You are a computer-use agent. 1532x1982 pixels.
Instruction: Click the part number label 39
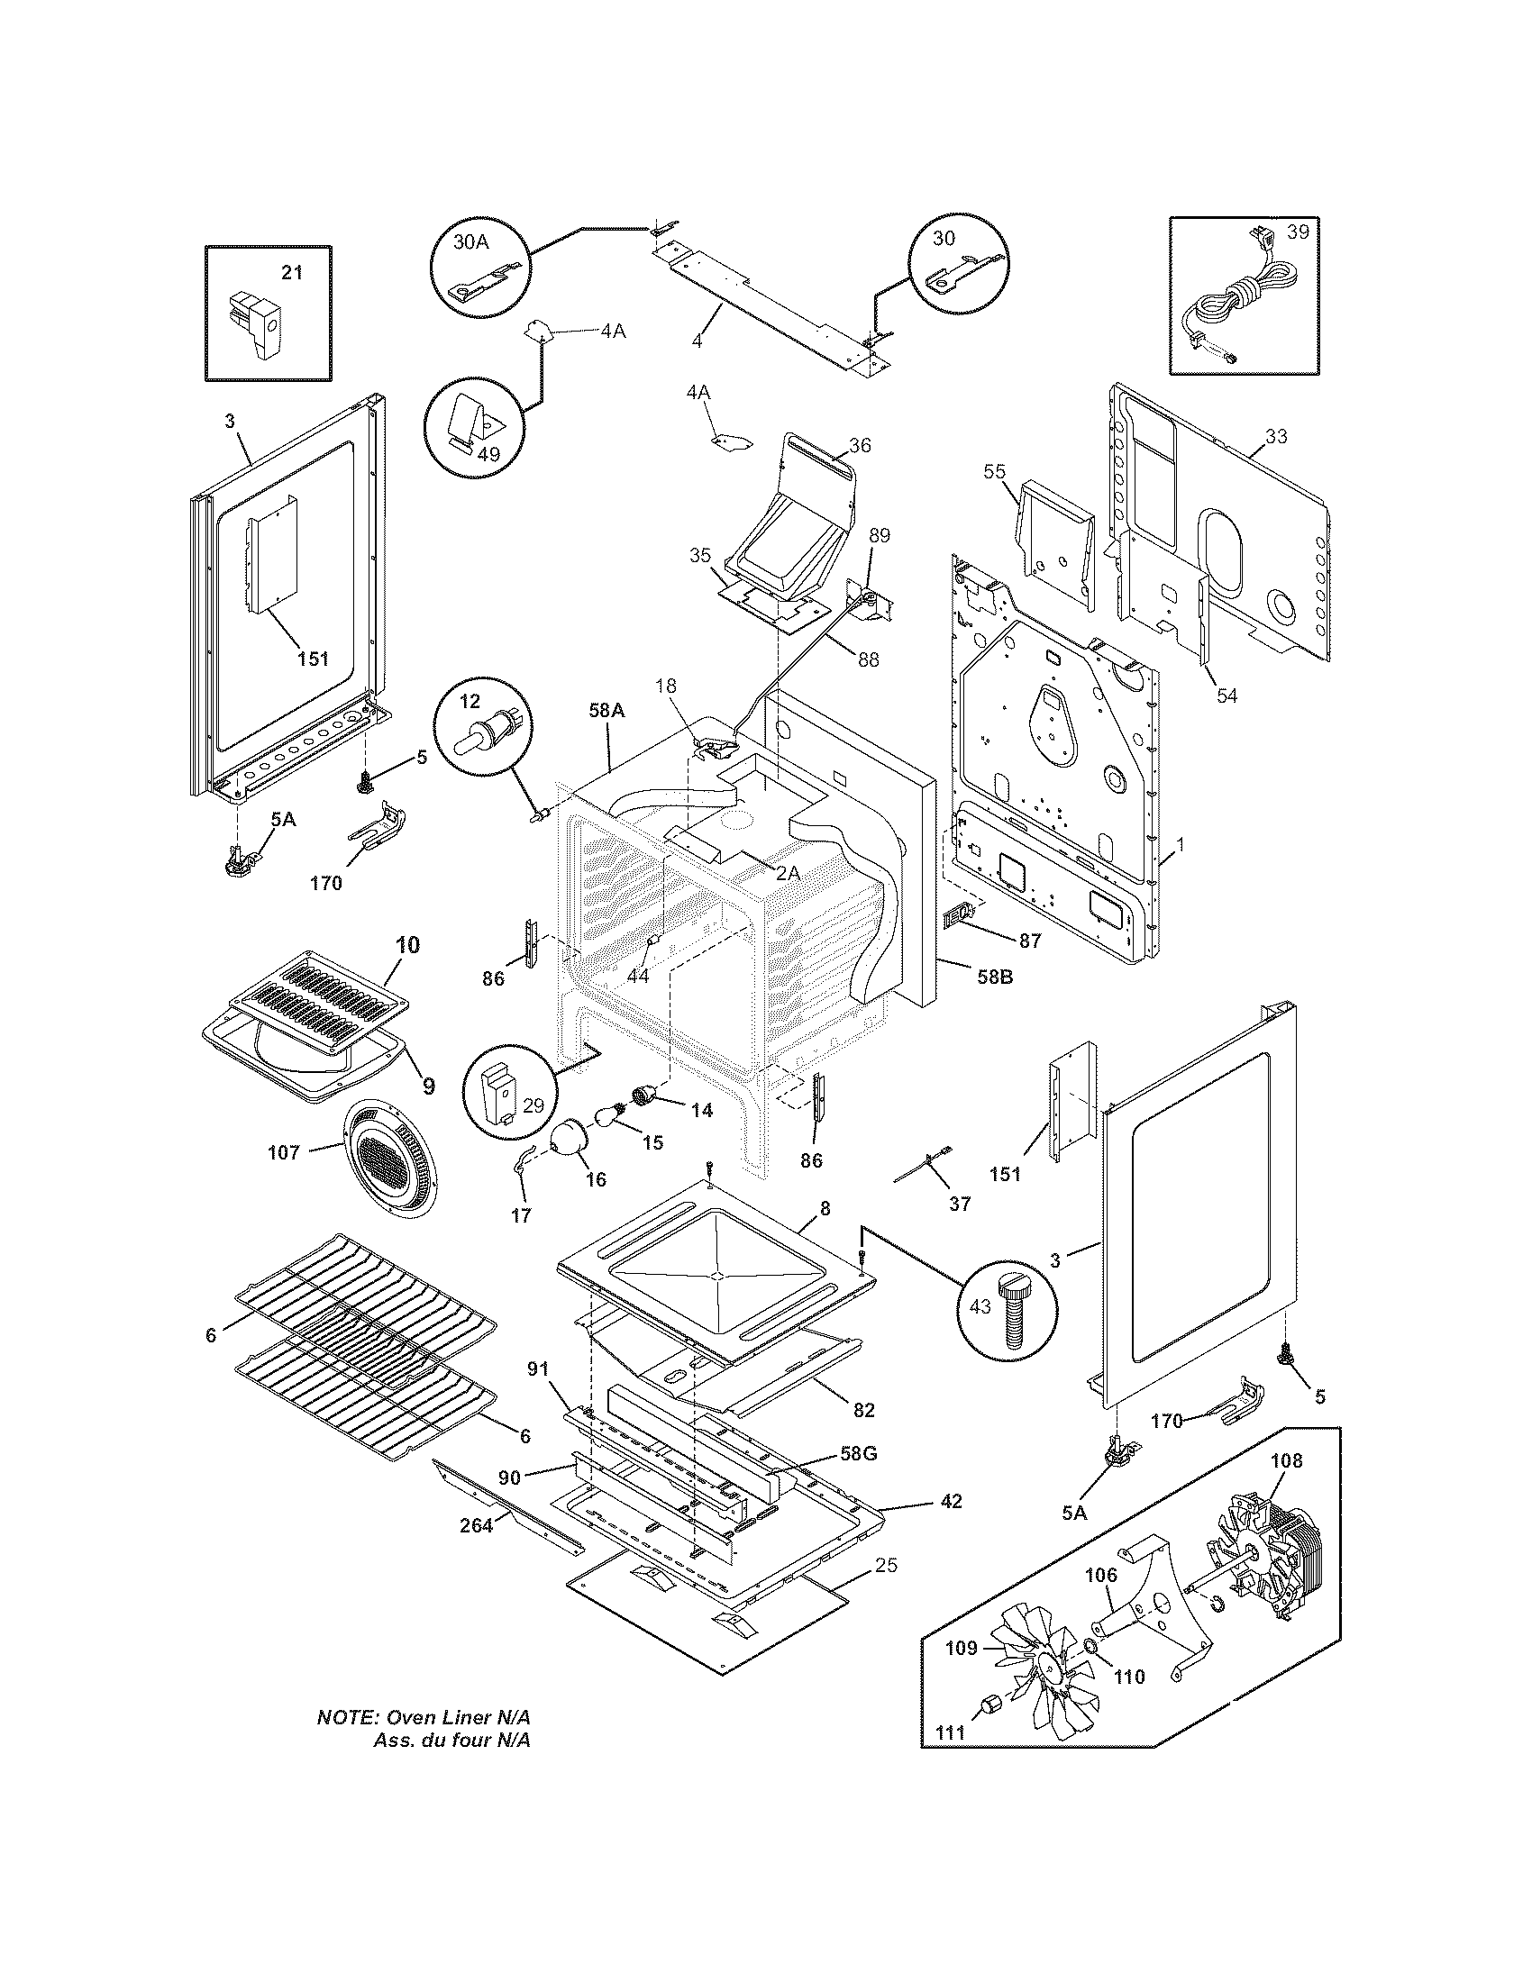pyautogui.click(x=1298, y=232)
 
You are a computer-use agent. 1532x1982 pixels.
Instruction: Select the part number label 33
pyautogui.click(x=1276, y=437)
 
